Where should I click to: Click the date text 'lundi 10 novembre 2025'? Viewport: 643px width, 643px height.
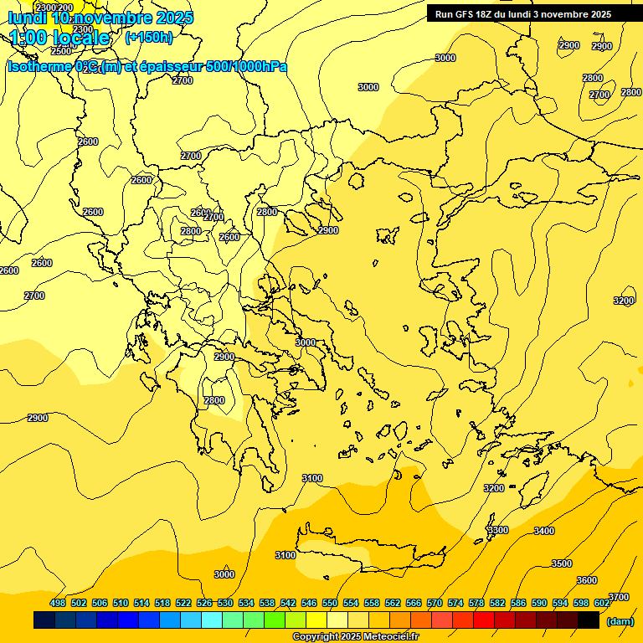(100, 18)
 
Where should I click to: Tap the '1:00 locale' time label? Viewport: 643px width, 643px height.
(60, 38)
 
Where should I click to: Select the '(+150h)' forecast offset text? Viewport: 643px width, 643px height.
(149, 37)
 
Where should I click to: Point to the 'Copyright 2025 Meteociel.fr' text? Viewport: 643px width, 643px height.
(356, 636)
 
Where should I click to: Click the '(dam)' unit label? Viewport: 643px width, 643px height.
(620, 621)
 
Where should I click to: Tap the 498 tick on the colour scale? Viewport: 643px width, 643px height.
(58, 603)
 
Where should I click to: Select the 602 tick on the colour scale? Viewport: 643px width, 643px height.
(602, 603)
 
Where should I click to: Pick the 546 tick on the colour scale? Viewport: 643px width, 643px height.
(309, 603)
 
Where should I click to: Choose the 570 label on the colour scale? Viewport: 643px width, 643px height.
(435, 603)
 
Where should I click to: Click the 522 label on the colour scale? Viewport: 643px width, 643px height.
(183, 603)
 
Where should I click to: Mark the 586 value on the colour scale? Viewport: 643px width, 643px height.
(518, 603)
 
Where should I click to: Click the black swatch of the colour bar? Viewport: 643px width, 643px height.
(589, 620)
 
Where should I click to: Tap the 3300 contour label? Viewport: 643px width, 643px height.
(497, 530)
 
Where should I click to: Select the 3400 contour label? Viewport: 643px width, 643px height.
(544, 531)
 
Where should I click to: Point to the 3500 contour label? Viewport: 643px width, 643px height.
(562, 563)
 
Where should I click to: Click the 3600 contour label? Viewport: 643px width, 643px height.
(587, 580)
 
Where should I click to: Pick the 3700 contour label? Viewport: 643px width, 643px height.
(618, 597)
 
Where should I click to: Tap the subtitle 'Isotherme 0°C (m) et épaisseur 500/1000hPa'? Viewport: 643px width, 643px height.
(147, 66)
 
